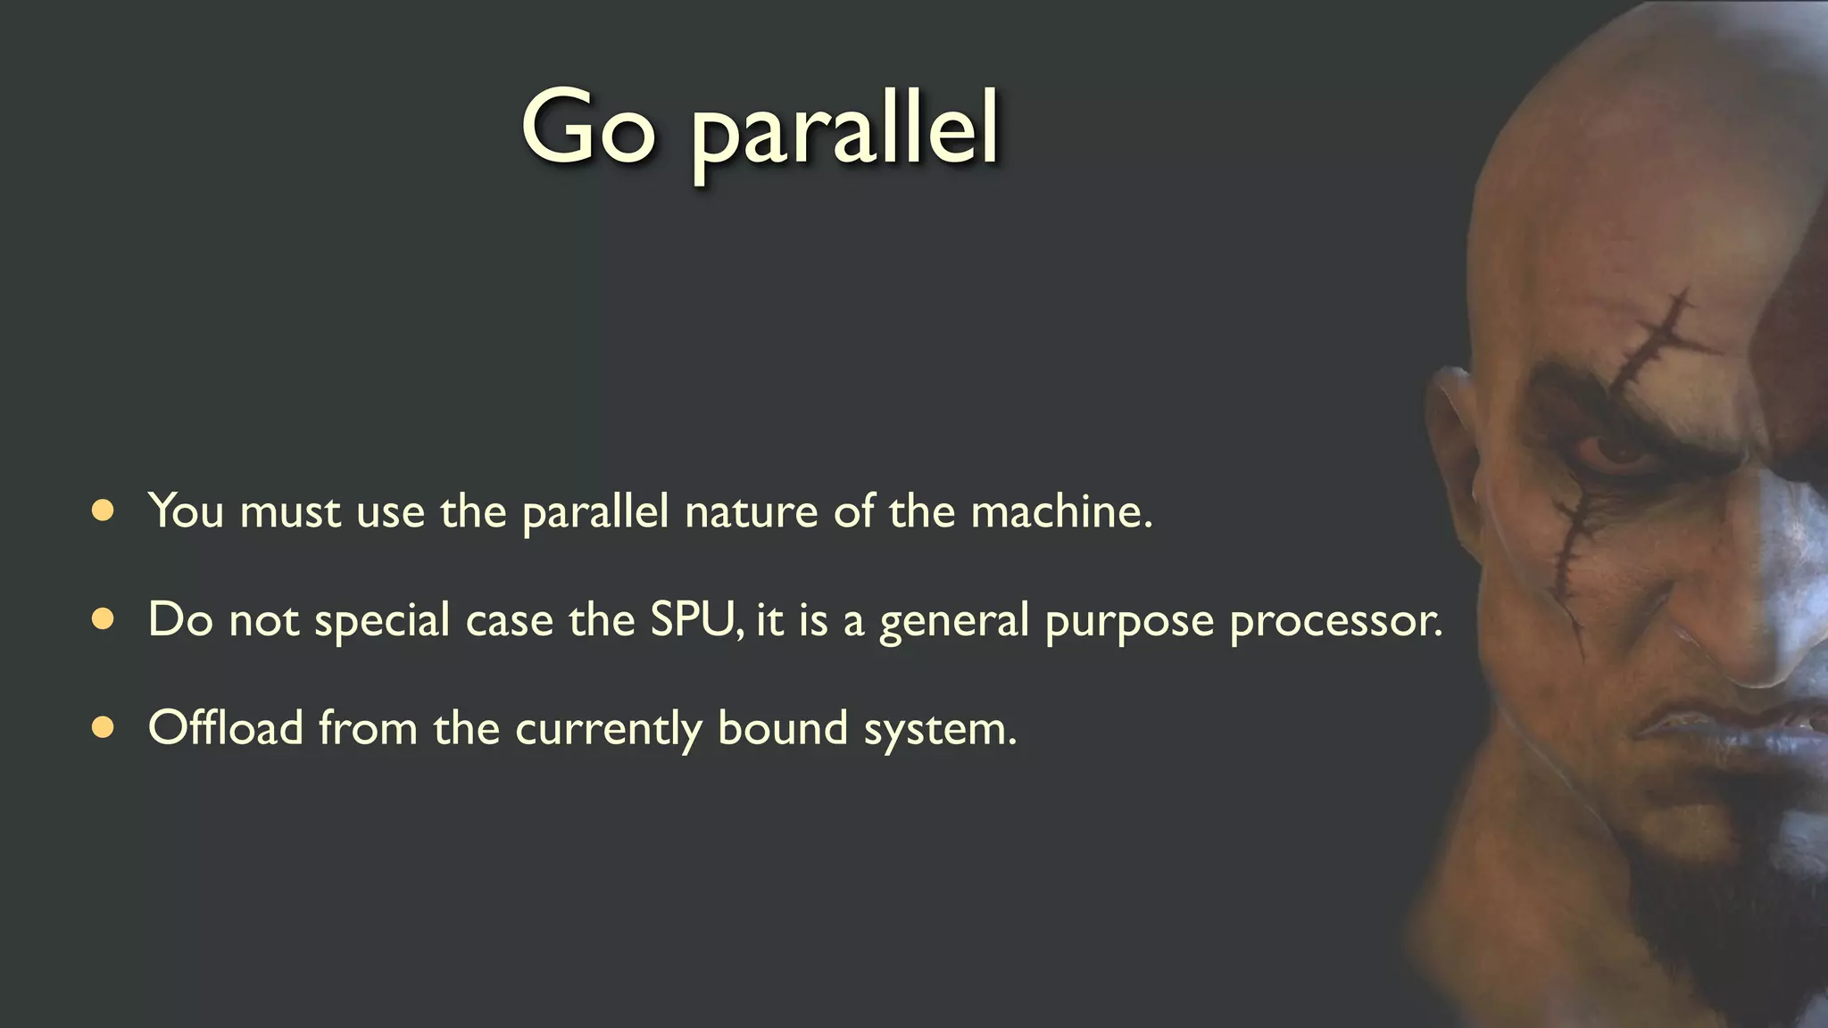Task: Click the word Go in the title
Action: pos(588,127)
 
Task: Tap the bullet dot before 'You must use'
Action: pos(103,510)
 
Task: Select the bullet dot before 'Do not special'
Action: pos(103,619)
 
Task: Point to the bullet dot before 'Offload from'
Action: pos(103,728)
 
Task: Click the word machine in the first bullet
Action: pos(1061,511)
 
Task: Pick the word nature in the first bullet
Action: pos(751,511)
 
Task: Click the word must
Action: pos(290,511)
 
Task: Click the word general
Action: pos(954,621)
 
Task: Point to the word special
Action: pos(382,621)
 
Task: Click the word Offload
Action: pos(226,727)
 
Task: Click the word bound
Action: pos(783,727)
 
